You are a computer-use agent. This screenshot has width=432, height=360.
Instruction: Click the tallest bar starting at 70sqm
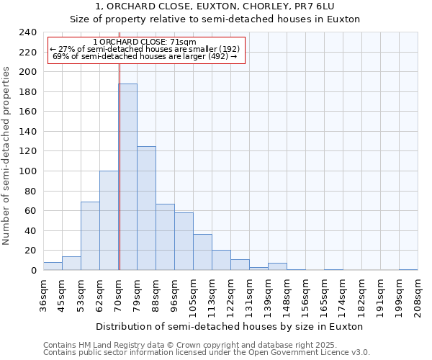(x=127, y=177)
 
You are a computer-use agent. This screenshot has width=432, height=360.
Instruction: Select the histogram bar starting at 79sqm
(x=146, y=208)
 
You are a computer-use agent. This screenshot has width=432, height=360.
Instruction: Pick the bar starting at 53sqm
(x=90, y=236)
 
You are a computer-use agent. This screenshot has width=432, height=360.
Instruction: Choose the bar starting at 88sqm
(x=165, y=237)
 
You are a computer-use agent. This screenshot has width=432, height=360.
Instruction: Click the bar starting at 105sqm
(x=202, y=252)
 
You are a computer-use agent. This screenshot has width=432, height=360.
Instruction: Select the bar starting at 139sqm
(x=277, y=266)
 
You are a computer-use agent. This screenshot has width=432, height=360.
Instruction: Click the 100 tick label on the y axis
(x=28, y=171)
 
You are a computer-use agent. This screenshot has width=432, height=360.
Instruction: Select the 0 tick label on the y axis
(x=34, y=270)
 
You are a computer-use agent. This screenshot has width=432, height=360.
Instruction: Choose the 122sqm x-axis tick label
(x=231, y=293)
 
